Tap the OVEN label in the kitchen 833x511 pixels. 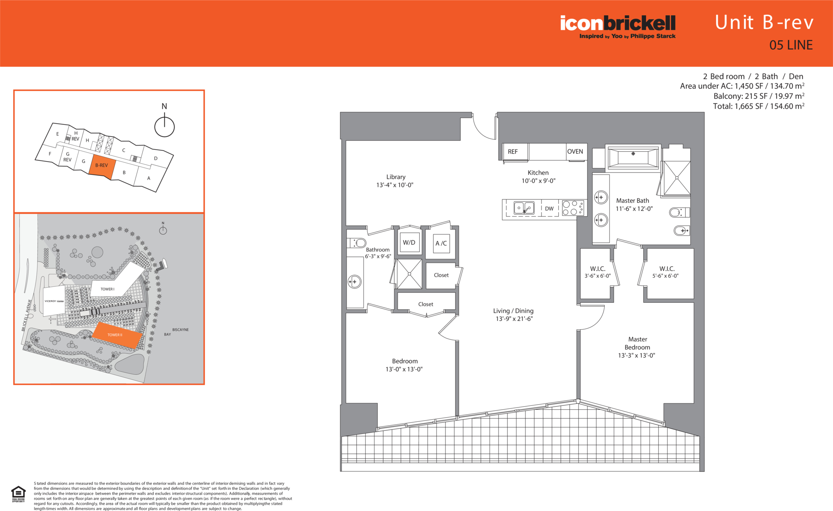point(575,152)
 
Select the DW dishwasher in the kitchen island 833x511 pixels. point(549,209)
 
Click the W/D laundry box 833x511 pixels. point(409,243)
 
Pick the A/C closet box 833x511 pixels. point(441,244)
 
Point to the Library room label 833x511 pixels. point(395,177)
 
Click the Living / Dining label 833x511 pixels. point(513,311)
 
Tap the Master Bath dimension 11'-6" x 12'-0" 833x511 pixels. point(634,209)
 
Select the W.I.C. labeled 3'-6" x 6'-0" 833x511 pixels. point(597,272)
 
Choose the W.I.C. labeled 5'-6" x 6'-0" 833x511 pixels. point(666,272)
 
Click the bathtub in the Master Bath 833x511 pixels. point(633,158)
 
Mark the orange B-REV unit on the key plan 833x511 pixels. point(102,166)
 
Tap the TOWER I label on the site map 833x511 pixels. point(107,289)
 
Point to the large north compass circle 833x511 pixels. point(164,127)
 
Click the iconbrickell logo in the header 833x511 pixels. point(617,26)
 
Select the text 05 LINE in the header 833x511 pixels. point(791,45)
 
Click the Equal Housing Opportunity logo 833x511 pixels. point(18,494)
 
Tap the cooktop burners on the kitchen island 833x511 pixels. point(573,208)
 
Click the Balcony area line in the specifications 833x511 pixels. point(759,96)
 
